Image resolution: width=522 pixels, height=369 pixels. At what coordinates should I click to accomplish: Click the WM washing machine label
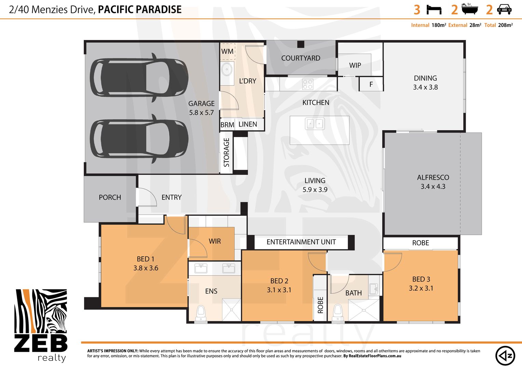tap(227, 51)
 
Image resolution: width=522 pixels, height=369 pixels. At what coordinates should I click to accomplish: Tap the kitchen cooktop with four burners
tap(307, 84)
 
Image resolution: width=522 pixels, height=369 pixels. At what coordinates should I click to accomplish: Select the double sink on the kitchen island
tap(315, 123)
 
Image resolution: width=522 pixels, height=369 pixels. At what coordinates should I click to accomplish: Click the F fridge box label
tap(371, 84)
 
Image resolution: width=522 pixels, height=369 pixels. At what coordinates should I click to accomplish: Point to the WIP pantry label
tap(355, 65)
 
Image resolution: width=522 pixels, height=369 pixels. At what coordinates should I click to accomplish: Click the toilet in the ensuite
tap(201, 313)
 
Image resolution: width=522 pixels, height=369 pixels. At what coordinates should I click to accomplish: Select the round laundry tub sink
tap(226, 70)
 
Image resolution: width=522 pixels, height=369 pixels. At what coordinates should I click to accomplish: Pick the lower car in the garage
tap(139, 138)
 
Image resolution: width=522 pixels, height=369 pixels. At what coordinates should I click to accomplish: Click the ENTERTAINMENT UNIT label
tap(301, 242)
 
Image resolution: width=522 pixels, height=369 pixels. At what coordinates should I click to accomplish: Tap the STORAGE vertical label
tap(226, 152)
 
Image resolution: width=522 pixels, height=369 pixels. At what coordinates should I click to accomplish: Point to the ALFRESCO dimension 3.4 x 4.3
tap(433, 187)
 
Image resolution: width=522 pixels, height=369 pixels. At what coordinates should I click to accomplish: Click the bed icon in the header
tap(434, 10)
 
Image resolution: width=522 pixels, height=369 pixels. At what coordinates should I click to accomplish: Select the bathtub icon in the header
tap(470, 9)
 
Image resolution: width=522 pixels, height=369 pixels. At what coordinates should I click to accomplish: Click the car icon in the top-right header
tap(504, 10)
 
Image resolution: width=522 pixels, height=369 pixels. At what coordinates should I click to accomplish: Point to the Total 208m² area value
tap(505, 25)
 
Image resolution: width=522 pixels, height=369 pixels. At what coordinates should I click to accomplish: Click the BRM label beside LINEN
tap(227, 125)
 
